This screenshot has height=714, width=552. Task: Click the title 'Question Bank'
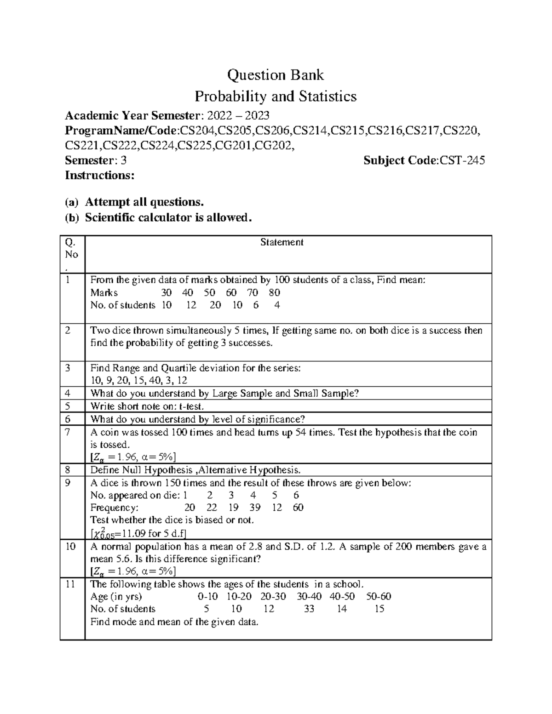tap(276, 75)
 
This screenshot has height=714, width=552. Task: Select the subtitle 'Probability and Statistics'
tap(276, 97)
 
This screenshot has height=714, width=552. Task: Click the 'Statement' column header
tap(282, 242)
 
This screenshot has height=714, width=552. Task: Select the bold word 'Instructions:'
tap(99, 176)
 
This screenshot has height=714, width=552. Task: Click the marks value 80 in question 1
tap(275, 293)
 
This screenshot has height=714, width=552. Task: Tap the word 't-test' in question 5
tap(190, 406)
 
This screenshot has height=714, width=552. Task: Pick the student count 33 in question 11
tap(309, 609)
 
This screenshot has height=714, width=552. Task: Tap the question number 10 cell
tap(70, 547)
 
